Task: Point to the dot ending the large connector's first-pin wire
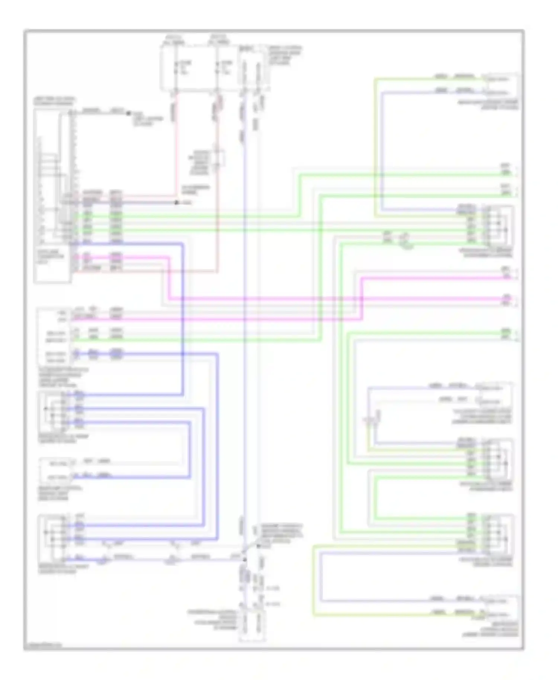[x=129, y=113]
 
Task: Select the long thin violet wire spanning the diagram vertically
[x=244, y=335]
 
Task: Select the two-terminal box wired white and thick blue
[x=56, y=469]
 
